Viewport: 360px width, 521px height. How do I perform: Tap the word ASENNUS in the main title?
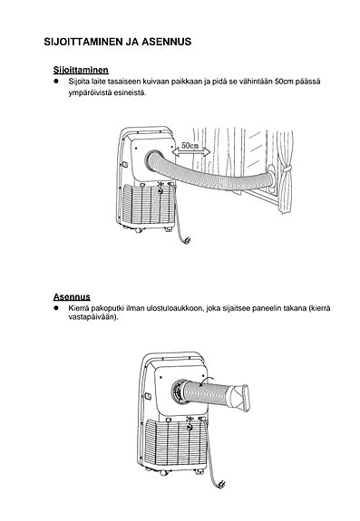[x=167, y=42]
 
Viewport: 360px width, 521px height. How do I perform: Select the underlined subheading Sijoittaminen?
[x=81, y=70]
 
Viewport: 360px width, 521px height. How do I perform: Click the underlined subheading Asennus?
[x=72, y=296]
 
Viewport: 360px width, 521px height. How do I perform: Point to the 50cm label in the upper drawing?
[x=190, y=146]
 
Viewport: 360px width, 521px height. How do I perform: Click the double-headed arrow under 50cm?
[x=191, y=152]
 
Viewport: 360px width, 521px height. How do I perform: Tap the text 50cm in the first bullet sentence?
[x=284, y=82]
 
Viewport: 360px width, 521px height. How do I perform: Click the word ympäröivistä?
[x=90, y=92]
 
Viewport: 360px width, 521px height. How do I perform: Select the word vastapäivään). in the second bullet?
[x=93, y=316]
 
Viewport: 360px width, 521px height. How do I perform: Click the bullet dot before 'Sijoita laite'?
[x=56, y=81]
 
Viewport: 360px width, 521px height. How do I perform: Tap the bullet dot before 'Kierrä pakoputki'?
[x=56, y=308]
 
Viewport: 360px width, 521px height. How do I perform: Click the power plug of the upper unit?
[x=187, y=240]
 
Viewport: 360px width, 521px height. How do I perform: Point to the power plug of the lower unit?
[x=220, y=485]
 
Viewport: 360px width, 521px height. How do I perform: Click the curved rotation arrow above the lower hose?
[x=206, y=381]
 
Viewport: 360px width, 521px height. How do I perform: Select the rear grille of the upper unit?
[x=148, y=205]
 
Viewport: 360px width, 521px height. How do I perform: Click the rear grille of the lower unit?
[x=176, y=442]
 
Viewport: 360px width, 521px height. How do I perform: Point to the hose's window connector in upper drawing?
[x=271, y=179]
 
